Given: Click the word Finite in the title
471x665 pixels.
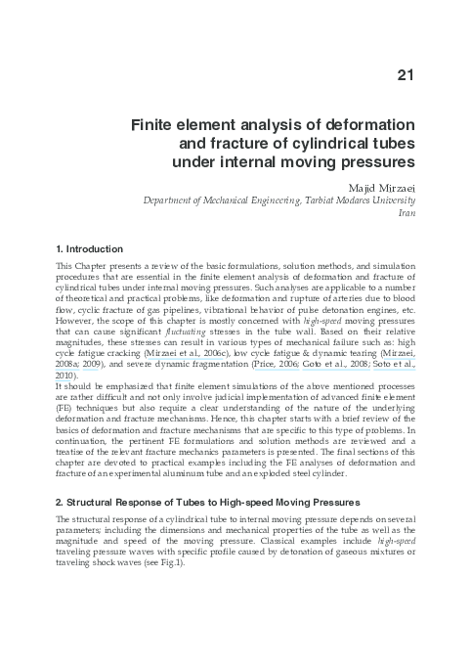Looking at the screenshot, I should coord(156,126).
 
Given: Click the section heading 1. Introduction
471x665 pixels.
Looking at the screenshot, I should coord(89,248).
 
